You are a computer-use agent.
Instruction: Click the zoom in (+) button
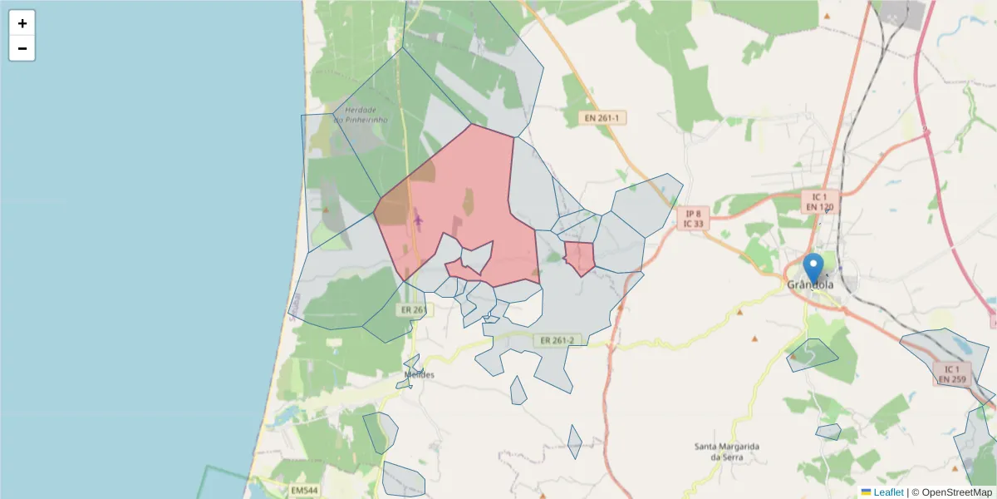pyautogui.click(x=22, y=23)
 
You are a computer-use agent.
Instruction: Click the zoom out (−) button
pyautogui.click(x=22, y=48)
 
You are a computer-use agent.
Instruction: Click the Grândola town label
pyautogui.click(x=810, y=285)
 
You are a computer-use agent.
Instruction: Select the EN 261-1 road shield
pyautogui.click(x=602, y=118)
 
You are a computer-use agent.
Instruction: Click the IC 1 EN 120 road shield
pyautogui.click(x=819, y=201)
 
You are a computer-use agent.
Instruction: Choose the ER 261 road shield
pyautogui.click(x=413, y=310)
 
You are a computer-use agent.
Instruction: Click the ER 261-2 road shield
pyautogui.click(x=557, y=340)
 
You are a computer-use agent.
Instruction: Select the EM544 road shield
pyautogui.click(x=305, y=491)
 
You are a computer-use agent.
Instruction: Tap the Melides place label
pyautogui.click(x=420, y=375)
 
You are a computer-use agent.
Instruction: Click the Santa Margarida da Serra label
pyautogui.click(x=727, y=452)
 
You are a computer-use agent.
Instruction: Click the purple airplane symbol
pyautogui.click(x=418, y=220)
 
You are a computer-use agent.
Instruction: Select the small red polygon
pyautogui.click(x=580, y=257)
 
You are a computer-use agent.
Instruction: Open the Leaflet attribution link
pyautogui.click(x=888, y=492)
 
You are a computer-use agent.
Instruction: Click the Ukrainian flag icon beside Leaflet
pyautogui.click(x=866, y=492)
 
